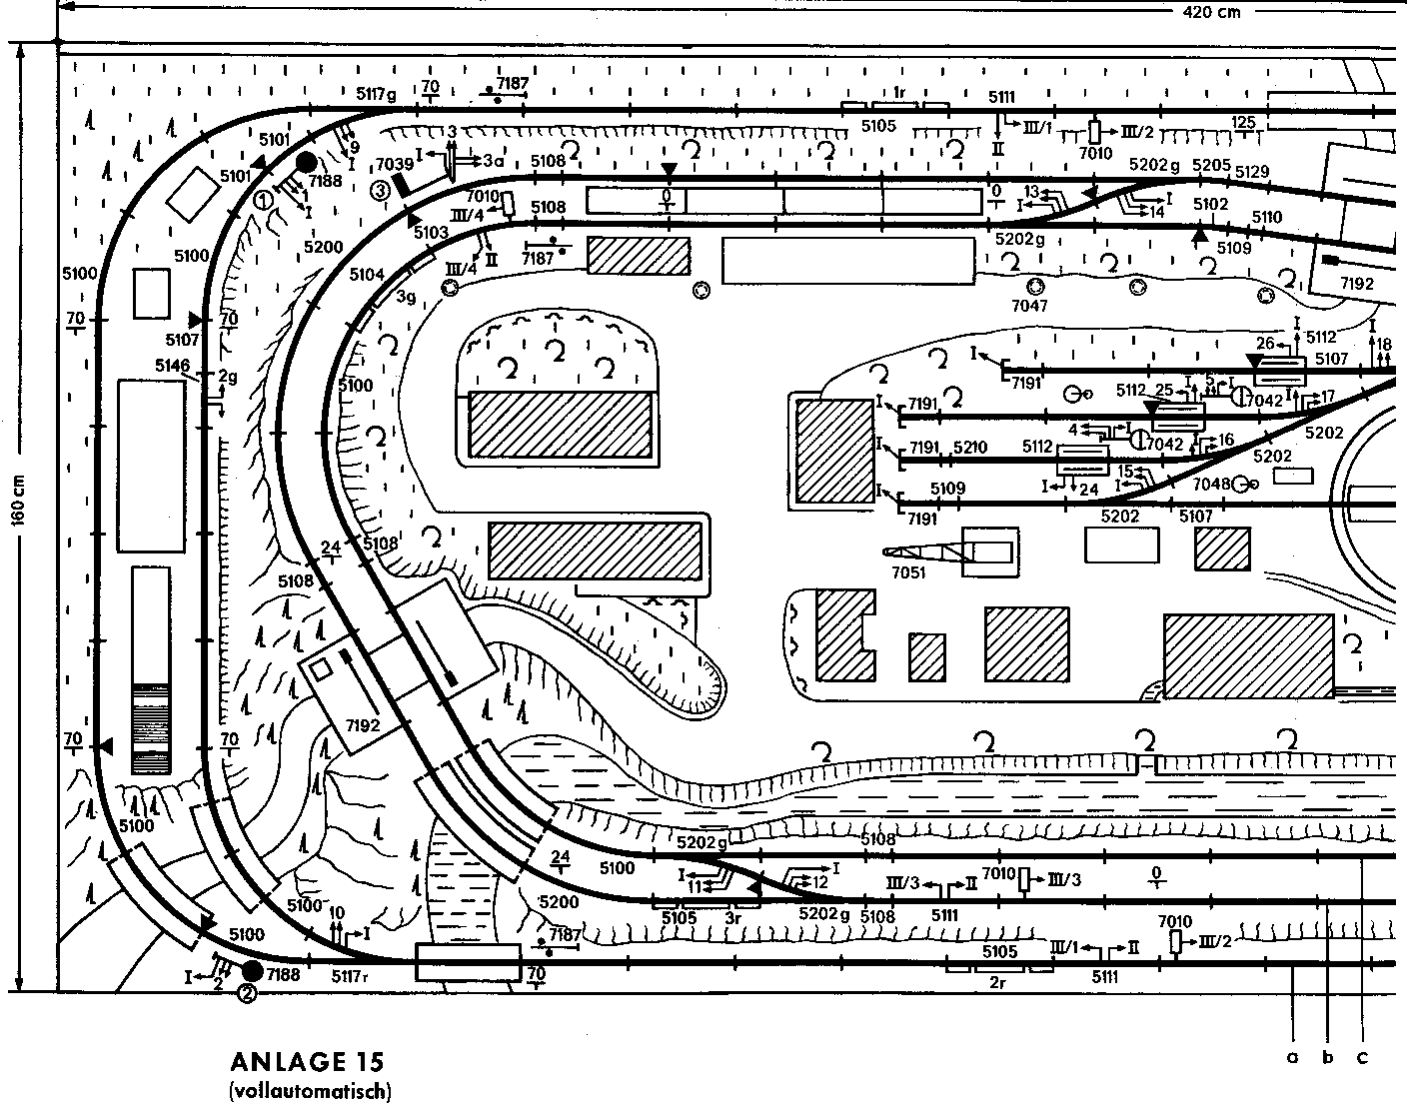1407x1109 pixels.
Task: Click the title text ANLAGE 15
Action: [x=306, y=1061]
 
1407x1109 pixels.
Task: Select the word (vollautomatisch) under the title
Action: [x=310, y=1090]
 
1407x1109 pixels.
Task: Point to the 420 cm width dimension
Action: [x=1211, y=12]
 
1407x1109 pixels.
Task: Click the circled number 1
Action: [x=264, y=199]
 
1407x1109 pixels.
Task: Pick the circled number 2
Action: [x=246, y=993]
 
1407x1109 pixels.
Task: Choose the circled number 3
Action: [x=379, y=189]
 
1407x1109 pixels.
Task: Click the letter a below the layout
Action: [x=1292, y=1056]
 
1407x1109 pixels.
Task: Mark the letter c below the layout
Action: [x=1361, y=1056]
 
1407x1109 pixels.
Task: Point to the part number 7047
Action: [x=1028, y=305]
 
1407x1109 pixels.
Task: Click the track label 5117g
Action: [x=377, y=94]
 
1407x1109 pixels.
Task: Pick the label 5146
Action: [x=172, y=366]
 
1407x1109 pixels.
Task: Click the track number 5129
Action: [x=1251, y=172]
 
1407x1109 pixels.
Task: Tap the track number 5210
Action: [x=970, y=447]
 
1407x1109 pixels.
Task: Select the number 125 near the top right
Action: [x=1243, y=122]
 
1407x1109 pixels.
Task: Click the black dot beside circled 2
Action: [x=252, y=969]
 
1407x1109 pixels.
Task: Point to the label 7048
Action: [x=1211, y=485]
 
